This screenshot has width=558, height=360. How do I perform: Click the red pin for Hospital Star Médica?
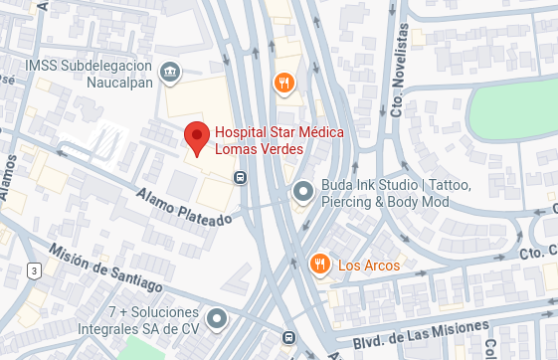click(197, 138)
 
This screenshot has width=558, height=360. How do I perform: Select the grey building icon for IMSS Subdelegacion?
click(170, 72)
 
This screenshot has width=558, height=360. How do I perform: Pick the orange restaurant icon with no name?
click(283, 83)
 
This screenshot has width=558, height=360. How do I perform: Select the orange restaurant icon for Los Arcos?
click(319, 265)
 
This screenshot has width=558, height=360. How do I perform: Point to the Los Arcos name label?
click(369, 266)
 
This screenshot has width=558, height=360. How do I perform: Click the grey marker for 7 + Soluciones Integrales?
click(217, 319)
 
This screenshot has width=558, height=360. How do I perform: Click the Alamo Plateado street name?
click(183, 203)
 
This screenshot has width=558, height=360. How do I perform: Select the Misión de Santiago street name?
click(104, 269)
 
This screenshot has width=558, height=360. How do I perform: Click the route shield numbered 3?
click(34, 270)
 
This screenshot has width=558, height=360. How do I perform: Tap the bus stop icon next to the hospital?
click(240, 177)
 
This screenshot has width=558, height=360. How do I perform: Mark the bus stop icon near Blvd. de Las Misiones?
click(288, 337)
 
